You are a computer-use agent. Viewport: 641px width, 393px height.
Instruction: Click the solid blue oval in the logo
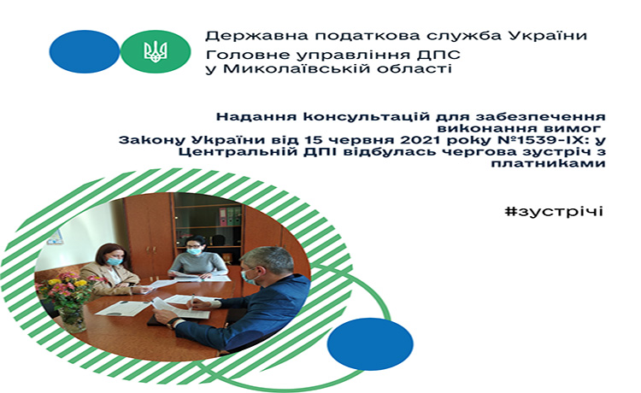pyautogui.click(x=85, y=51)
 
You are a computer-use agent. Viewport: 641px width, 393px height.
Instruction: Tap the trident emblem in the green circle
pyautogui.click(x=156, y=51)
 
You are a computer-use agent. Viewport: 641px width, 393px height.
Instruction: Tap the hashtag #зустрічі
pyautogui.click(x=554, y=211)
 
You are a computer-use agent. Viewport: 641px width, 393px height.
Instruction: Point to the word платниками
pyautogui.click(x=548, y=163)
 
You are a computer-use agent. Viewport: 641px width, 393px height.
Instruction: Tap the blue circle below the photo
pyautogui.click(x=370, y=344)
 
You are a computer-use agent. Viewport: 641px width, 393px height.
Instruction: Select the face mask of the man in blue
pyautogui.click(x=249, y=277)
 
